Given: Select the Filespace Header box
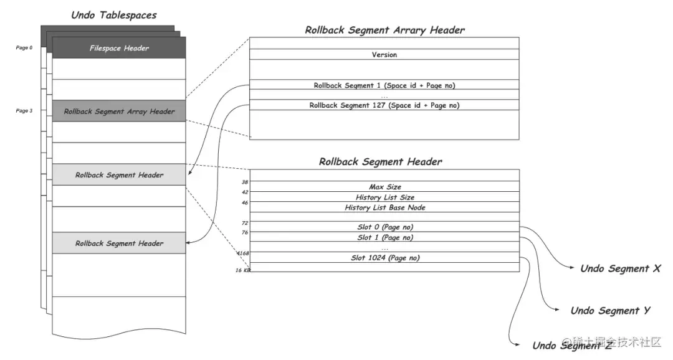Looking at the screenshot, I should coord(119,48).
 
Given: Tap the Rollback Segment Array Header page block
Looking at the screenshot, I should coord(119,111).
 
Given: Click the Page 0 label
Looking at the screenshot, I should coord(24,47).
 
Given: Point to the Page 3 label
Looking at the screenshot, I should coord(24,111).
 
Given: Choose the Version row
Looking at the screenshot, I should coord(384,55).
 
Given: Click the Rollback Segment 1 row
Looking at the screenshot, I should coord(384,85).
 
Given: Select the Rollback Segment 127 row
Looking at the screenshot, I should coord(384,105).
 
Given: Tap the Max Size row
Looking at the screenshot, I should coord(384,187).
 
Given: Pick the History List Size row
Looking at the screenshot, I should coord(384,197).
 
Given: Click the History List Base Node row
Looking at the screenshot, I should coord(384,207).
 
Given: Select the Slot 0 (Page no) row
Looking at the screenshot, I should coord(384,227).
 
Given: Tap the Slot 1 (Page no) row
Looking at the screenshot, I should coord(384,237).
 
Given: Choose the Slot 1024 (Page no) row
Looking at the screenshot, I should coord(384,257).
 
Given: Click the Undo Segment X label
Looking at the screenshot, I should coord(620,269).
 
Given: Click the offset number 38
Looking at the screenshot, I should coord(245,182).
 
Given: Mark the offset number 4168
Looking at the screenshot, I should coord(243,253).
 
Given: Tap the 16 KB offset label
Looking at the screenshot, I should coord(242,270).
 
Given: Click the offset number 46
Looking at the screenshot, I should coord(245,202).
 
